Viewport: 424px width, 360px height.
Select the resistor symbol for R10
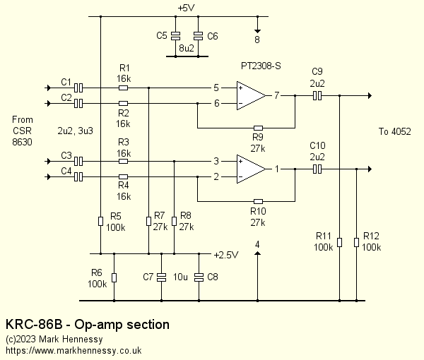point(258,200)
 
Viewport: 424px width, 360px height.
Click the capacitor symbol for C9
point(317,95)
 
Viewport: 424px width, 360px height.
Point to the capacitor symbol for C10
point(317,169)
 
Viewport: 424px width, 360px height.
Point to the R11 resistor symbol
point(340,242)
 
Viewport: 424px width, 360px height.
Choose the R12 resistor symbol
point(356,242)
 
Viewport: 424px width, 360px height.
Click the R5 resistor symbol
point(101,221)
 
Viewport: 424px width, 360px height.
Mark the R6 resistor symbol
point(114,277)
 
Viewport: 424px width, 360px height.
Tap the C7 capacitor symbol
point(162,277)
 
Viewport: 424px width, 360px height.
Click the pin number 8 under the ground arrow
point(257,40)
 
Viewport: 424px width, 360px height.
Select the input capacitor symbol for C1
point(79,88)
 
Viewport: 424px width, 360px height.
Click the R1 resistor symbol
point(124,88)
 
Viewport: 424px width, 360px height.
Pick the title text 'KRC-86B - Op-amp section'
point(88,325)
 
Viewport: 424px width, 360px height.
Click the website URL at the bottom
point(73,350)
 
